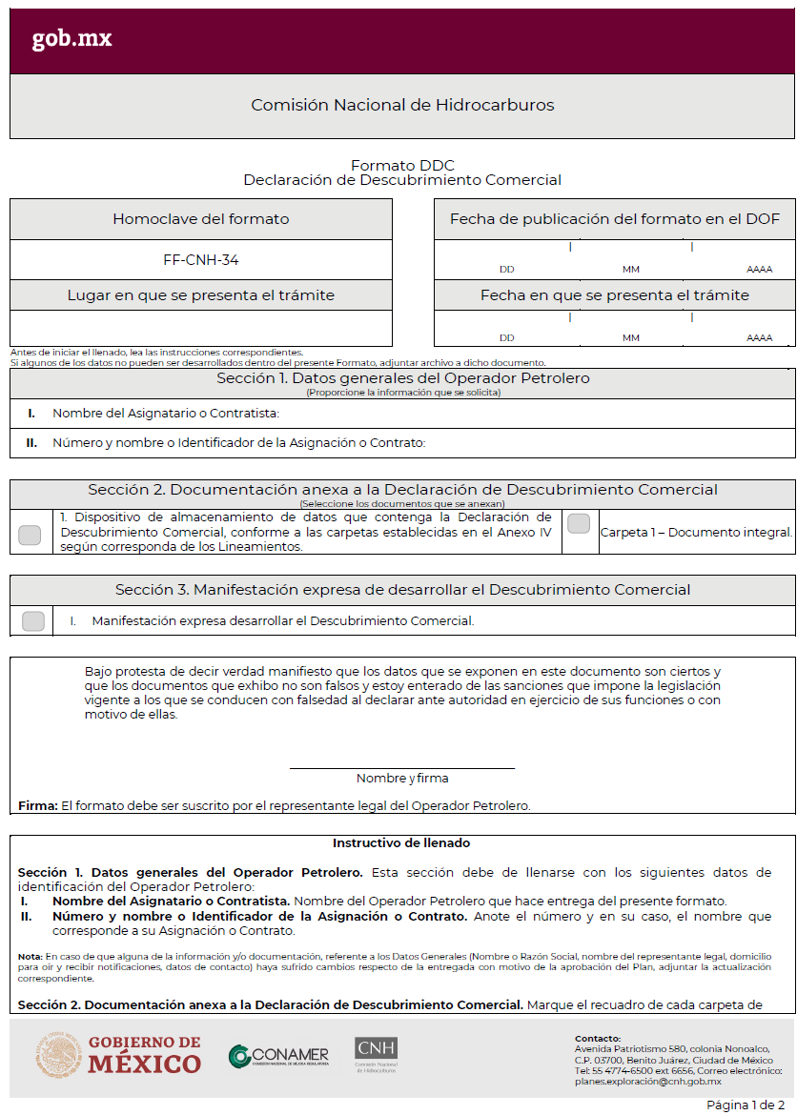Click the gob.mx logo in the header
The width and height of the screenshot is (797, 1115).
[72, 38]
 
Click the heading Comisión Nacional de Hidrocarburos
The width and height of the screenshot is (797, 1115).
[401, 105]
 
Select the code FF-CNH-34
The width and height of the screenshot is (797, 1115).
[200, 259]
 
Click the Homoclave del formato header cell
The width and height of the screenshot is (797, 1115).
[200, 219]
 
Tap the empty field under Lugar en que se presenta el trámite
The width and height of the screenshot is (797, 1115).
[200, 328]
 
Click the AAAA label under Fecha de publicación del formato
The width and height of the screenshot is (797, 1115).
[760, 270]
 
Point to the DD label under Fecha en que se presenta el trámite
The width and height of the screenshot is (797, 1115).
[506, 338]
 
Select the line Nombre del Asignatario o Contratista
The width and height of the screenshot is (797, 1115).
[165, 414]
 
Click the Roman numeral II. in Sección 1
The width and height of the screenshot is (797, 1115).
[31, 442]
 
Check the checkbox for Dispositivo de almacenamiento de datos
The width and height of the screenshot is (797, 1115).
[30, 535]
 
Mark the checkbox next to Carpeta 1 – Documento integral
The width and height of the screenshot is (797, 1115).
[579, 523]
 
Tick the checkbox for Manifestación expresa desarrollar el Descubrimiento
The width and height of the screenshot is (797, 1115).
[33, 621]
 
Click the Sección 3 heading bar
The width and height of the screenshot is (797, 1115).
[401, 590]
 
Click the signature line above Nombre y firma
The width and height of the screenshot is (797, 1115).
[401, 767]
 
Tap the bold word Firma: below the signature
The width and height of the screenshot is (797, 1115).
[38, 806]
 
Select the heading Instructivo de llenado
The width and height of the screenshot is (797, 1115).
[401, 843]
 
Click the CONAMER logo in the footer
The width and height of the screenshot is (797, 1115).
[278, 1056]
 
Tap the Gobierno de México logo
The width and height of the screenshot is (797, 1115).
[119, 1055]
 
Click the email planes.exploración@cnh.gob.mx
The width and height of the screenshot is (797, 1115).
[647, 1082]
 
